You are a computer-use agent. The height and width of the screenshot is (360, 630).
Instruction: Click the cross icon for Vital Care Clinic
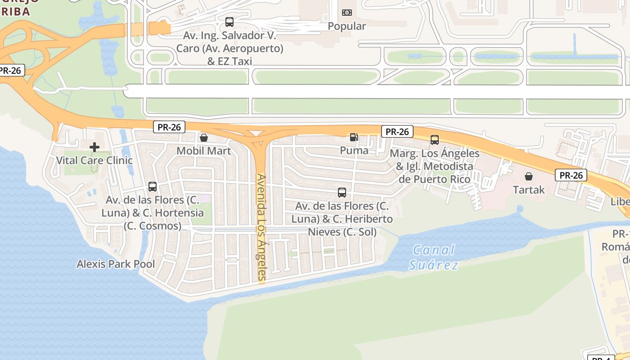pos(94,147)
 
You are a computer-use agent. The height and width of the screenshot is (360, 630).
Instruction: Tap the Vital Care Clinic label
pos(94,160)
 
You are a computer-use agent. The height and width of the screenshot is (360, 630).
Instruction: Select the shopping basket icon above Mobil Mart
pos(204,138)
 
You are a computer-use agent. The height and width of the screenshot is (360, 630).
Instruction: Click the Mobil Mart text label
pos(204,151)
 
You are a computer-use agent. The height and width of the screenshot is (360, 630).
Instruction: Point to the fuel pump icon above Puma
pos(354,137)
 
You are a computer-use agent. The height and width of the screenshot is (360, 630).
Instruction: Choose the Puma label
pos(354,150)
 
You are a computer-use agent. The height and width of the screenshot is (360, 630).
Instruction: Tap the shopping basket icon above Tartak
pos(529,176)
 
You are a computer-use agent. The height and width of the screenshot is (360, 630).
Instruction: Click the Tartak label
pos(529,190)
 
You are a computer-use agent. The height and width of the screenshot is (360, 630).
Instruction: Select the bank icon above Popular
pos(346,13)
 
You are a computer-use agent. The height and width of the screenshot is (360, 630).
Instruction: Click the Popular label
pos(346,26)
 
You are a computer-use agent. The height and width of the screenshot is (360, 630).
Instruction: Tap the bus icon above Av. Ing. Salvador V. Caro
pos(229,22)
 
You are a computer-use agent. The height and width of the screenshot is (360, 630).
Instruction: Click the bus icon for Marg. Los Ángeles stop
pos(434,140)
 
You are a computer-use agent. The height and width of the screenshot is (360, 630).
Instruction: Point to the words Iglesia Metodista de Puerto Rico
pos(435,173)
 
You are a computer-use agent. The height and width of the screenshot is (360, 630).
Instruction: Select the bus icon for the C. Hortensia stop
pos(153,187)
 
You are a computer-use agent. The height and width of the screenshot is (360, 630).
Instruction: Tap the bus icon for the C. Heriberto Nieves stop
pos(342,193)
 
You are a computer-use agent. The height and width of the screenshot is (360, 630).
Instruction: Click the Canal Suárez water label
pos(434,257)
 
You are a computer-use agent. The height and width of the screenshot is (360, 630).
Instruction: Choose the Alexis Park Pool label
pos(116,264)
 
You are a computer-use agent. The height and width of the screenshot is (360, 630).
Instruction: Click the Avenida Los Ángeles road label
pos(261,227)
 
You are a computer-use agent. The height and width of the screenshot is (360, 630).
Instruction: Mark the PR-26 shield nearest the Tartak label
pos(571,175)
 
